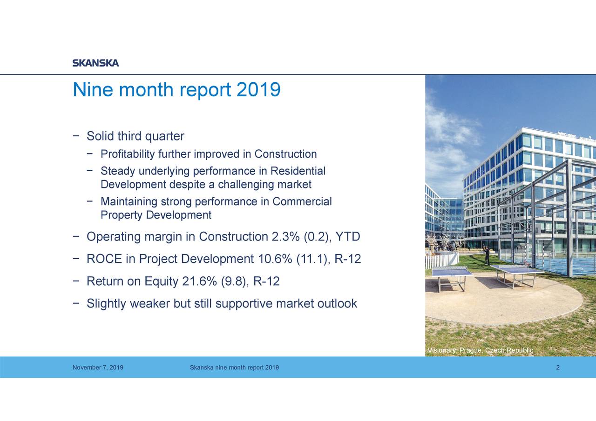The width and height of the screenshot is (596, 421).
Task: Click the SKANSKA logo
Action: [x=95, y=63]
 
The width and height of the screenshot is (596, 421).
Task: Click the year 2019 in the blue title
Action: [x=258, y=90]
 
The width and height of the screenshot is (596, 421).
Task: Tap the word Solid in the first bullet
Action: [x=100, y=136]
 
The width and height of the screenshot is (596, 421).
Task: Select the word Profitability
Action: [x=128, y=154]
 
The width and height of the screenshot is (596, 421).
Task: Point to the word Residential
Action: [x=298, y=171]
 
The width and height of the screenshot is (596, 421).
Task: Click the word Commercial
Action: [x=302, y=201]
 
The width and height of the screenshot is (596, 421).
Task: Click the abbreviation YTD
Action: [x=348, y=237]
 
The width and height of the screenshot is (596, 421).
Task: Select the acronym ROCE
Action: [x=104, y=259]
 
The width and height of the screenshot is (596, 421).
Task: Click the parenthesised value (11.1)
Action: [x=313, y=259]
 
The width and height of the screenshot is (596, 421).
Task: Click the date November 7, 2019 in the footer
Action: [x=98, y=368]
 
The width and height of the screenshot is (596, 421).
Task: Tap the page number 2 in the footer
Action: [x=557, y=368]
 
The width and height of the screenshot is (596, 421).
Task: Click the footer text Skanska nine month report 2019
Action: [x=234, y=368]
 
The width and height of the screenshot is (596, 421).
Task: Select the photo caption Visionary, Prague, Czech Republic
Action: [x=480, y=350]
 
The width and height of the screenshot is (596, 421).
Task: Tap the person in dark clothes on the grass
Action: [x=487, y=254]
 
